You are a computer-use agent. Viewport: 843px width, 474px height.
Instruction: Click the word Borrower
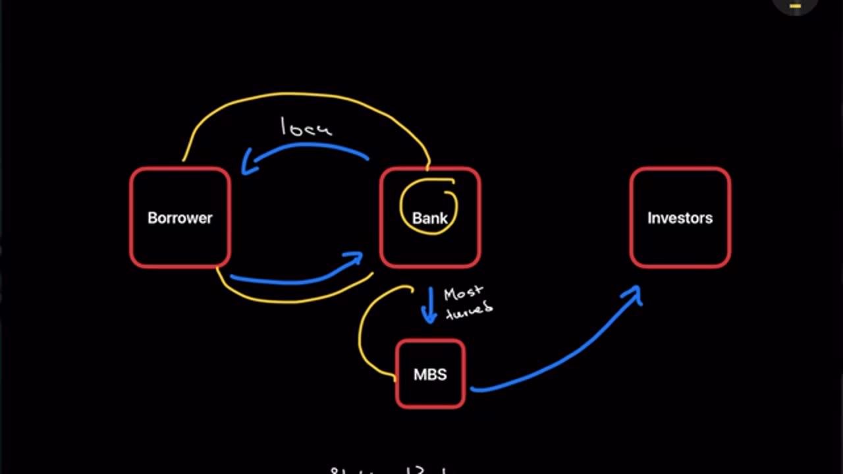(180, 218)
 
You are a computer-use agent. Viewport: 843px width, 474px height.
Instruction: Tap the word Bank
(430, 219)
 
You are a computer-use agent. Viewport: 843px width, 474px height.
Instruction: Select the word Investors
(680, 218)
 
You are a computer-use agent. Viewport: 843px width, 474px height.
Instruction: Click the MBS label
(430, 375)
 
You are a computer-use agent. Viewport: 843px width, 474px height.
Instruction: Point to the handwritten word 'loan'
(306, 128)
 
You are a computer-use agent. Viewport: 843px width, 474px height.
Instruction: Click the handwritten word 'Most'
(463, 293)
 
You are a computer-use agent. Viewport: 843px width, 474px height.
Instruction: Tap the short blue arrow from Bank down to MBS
(429, 304)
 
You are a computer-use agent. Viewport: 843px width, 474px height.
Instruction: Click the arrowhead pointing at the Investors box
(634, 294)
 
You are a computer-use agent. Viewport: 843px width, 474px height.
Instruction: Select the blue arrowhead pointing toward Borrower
(248, 163)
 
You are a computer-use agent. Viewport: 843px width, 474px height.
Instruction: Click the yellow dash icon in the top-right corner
(795, 6)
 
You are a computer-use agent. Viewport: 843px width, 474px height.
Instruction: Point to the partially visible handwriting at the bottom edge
(389, 470)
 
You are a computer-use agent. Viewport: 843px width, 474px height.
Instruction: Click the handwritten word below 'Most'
(469, 309)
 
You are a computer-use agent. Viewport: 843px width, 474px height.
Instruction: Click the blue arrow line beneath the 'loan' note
(310, 146)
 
